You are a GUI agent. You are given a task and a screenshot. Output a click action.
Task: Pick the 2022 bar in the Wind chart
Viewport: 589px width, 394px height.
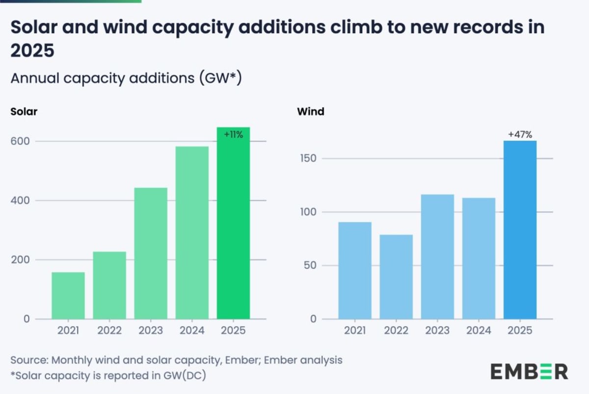pyautogui.click(x=396, y=277)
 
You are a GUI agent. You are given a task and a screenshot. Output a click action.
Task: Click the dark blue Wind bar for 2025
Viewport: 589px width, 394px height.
pyautogui.click(x=520, y=230)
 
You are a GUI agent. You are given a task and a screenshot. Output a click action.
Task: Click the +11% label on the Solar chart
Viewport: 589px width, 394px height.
pyautogui.click(x=233, y=135)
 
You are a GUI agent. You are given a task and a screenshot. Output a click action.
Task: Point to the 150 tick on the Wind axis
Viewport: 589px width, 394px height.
pyautogui.click(x=307, y=159)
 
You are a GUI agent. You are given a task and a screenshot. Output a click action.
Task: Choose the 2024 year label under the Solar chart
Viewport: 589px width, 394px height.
pyautogui.click(x=192, y=331)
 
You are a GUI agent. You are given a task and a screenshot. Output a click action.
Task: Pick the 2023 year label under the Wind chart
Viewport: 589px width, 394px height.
pyautogui.click(x=437, y=331)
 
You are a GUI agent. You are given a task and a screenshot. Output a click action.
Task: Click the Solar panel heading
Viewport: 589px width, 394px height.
pyautogui.click(x=24, y=111)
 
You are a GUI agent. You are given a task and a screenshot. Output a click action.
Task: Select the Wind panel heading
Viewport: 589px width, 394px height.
pyautogui.click(x=311, y=111)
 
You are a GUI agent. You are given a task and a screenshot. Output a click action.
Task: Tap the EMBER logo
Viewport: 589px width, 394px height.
pyautogui.click(x=529, y=371)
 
